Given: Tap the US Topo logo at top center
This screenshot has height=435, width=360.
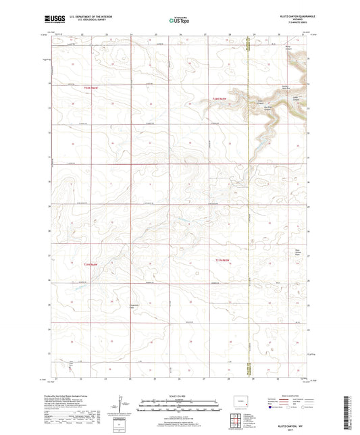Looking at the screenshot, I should click(178, 20).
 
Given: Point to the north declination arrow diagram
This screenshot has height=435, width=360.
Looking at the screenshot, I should click(122, 405).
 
